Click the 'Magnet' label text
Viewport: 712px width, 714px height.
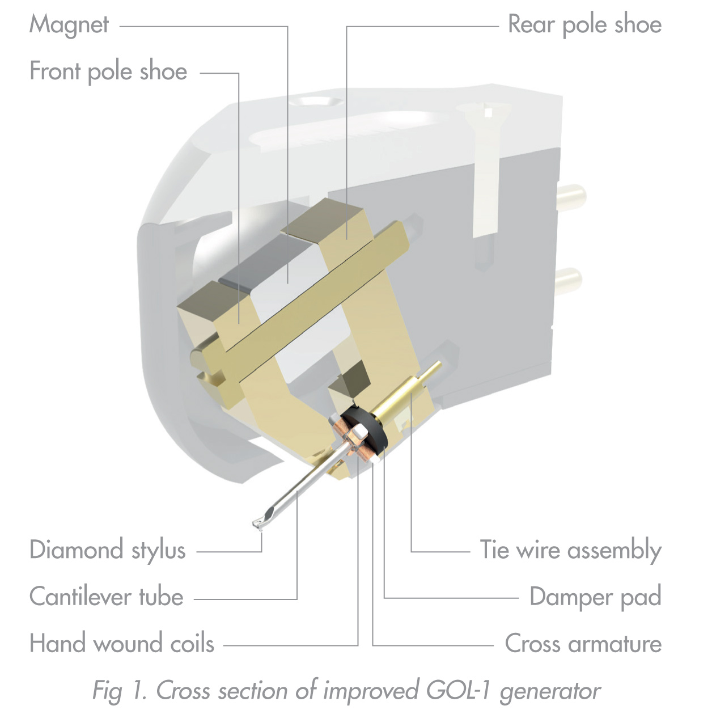point(69,24)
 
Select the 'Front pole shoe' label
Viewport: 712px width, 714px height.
point(108,71)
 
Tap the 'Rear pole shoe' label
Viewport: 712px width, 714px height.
point(584,24)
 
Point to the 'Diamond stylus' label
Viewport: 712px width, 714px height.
point(107,550)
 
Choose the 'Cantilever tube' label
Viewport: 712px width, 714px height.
point(107,597)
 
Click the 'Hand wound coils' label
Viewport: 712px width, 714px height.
point(121,644)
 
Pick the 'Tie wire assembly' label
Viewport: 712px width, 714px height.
point(570,550)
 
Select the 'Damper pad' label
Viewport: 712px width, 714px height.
point(595,597)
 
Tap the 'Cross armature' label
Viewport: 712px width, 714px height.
point(583,644)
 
